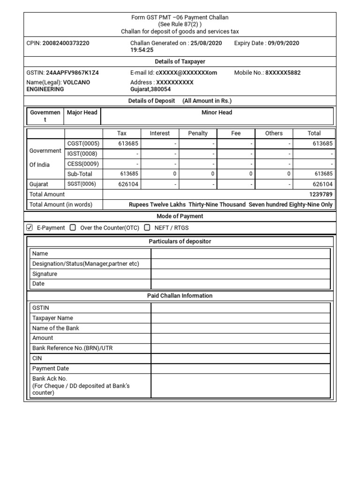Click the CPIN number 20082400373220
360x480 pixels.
coord(66,43)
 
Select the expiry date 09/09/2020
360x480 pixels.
coord(284,43)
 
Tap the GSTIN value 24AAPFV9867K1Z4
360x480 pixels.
coord(72,73)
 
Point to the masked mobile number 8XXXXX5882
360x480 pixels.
coord(283,73)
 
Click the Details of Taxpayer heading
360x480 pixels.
coord(180,61)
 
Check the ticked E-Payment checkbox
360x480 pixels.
coord(30,228)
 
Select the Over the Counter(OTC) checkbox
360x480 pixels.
coord(73,228)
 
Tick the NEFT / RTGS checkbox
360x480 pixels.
coord(147,228)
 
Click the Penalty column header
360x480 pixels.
coord(198,133)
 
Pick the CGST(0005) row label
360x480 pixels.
coord(83,144)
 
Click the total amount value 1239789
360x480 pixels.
coord(321,195)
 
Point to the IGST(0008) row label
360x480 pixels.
coord(83,154)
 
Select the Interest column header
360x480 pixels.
coord(160,133)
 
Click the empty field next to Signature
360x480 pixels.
coord(240,274)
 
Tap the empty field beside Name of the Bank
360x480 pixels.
coord(240,328)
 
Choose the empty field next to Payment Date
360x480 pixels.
coord(240,368)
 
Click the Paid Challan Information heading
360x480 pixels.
coord(180,296)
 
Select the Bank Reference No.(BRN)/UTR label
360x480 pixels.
coord(73,348)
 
